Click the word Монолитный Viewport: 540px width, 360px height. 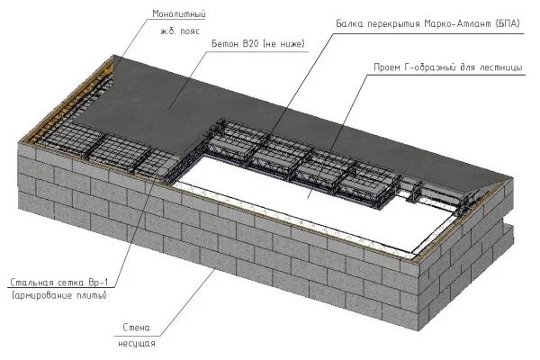[x=179, y=14]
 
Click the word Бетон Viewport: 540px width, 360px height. [x=224, y=44]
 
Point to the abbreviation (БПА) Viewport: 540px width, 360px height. [x=508, y=23]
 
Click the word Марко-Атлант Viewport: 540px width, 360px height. [x=458, y=23]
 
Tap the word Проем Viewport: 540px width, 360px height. [x=387, y=67]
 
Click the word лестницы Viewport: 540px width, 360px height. [x=500, y=67]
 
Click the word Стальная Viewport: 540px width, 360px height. [x=31, y=283]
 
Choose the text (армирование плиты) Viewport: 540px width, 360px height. [x=58, y=295]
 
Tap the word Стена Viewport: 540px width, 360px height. [x=137, y=328]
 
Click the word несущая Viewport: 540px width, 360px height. [x=137, y=344]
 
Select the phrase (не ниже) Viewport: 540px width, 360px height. [x=283, y=44]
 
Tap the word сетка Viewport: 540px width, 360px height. [x=70, y=283]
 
